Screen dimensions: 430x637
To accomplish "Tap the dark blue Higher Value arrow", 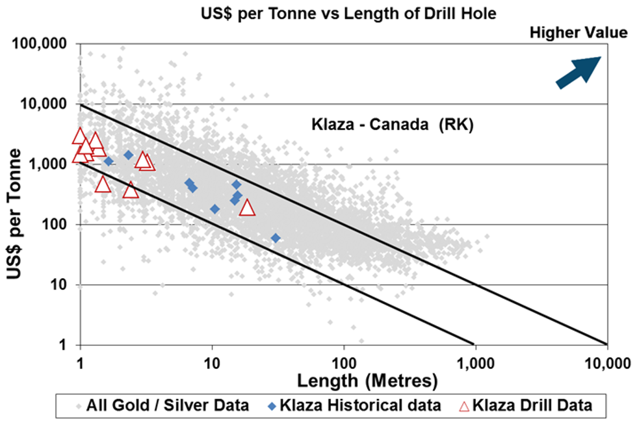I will point(579,70).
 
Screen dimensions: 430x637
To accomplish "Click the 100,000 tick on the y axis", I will point(41,44).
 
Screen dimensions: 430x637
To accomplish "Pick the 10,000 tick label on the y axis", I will point(44,105).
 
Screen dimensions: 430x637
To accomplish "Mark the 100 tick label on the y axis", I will point(53,225).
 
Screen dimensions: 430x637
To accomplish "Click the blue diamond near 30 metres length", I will point(276,238).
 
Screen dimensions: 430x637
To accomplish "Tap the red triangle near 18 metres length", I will point(247,208).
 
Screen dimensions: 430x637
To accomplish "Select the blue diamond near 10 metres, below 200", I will point(215,209).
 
